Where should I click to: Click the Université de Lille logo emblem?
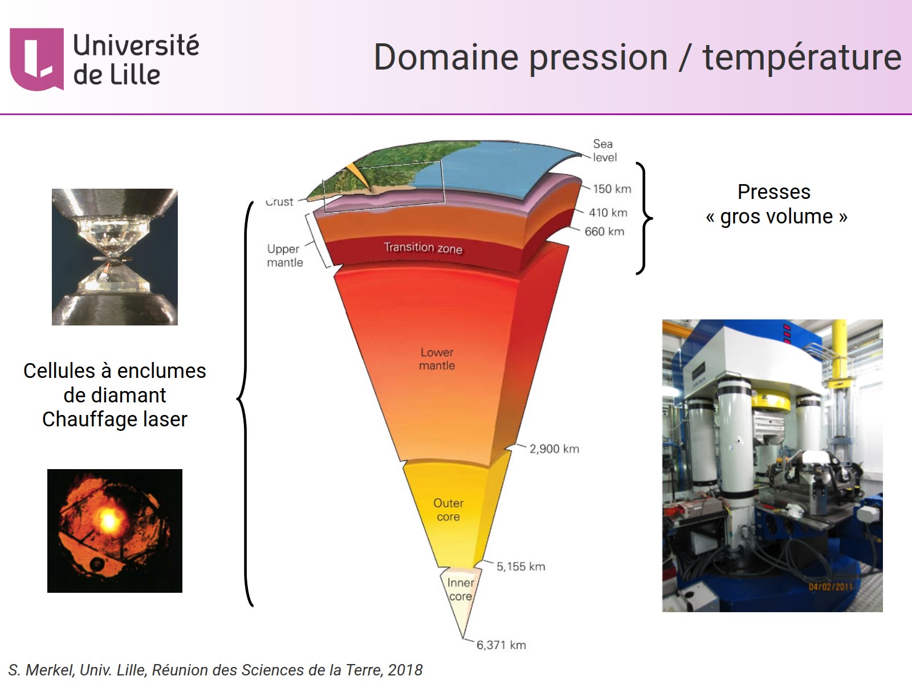pos(36,59)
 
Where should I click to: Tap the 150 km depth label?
pos(612,189)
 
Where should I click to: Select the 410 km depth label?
pos(608,213)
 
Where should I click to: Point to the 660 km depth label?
pos(604,231)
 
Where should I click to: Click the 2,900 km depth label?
pos(554,449)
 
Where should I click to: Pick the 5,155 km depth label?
pos(520,566)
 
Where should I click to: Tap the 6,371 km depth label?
pos(501,645)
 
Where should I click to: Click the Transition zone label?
pos(423,247)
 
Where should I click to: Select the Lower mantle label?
pos(437,359)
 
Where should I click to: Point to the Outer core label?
pos(448,510)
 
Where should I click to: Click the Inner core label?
pos(460,589)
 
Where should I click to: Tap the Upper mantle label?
pos(285,255)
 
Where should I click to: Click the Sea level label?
pos(604,150)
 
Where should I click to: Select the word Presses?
pos(773,192)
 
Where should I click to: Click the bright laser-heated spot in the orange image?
pos(108,519)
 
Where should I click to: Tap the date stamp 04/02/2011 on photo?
pos(830,587)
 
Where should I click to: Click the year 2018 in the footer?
pos(405,670)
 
